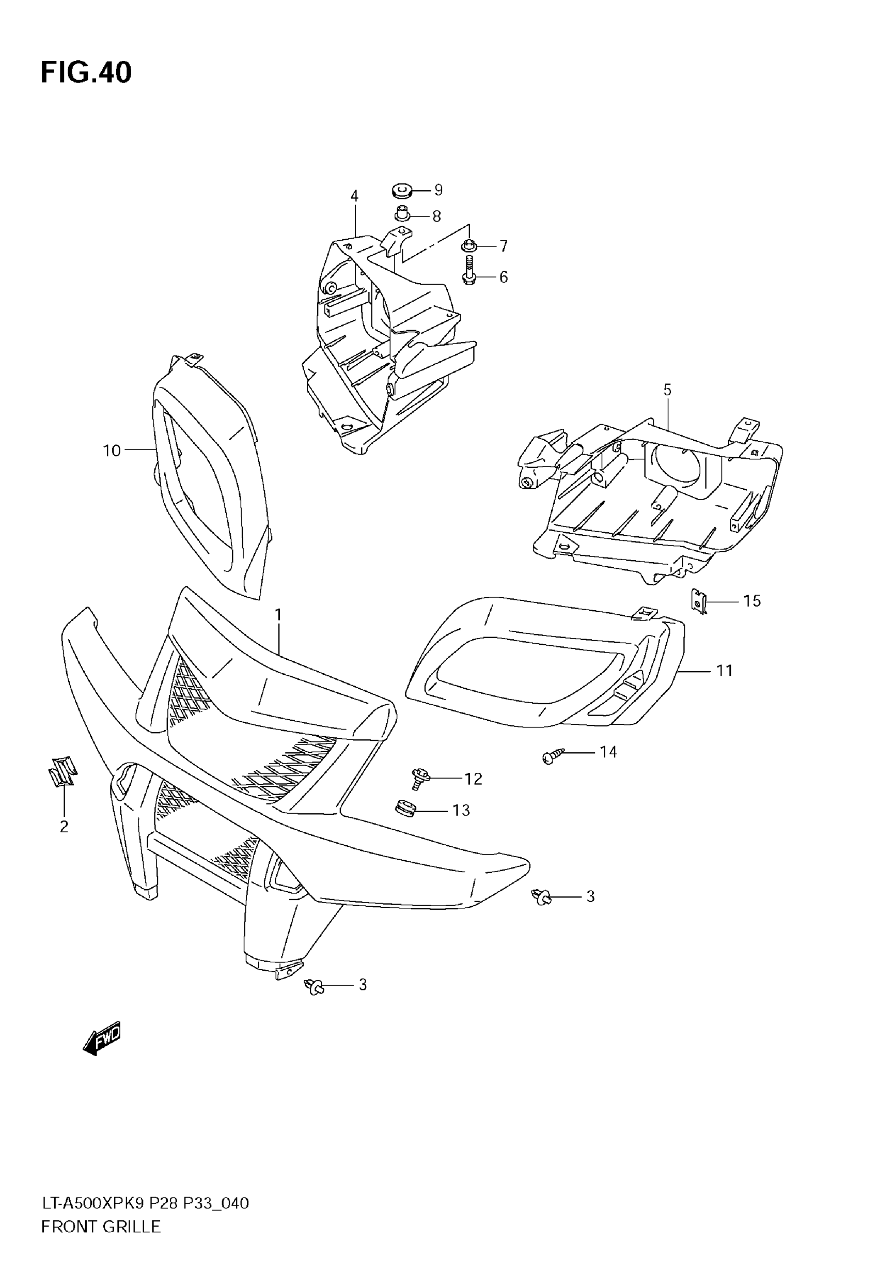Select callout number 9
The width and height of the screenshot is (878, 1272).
click(438, 190)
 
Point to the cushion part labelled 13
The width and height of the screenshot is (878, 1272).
click(405, 809)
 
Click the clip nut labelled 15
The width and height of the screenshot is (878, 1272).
click(699, 601)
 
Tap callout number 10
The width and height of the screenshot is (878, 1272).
click(112, 451)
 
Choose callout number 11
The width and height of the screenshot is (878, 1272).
click(725, 671)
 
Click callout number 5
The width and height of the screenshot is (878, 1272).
click(667, 390)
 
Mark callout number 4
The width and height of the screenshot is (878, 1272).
click(354, 196)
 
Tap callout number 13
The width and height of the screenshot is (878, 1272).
click(461, 811)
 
